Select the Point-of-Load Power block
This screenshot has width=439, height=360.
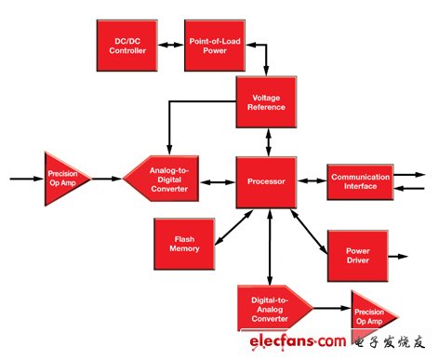click(x=212, y=44)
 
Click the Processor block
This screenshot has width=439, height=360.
click(x=267, y=181)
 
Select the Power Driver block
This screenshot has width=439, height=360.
click(x=354, y=256)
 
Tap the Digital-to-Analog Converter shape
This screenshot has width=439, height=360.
click(x=273, y=308)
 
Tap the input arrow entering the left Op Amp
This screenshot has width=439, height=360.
click(x=24, y=176)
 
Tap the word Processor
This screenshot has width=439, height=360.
click(x=267, y=181)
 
